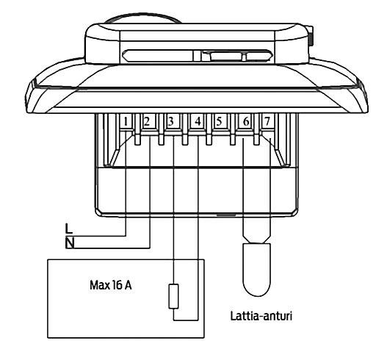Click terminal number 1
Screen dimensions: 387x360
[x=126, y=122]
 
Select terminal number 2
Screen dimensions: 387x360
[x=147, y=121]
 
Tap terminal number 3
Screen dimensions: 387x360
[x=170, y=121]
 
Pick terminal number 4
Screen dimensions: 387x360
[x=198, y=121]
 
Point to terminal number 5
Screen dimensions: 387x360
[x=219, y=121]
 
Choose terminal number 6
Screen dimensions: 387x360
[x=246, y=121]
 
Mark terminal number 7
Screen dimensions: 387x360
[x=267, y=121]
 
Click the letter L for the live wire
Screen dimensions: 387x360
[x=68, y=228]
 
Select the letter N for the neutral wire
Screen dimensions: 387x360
[x=70, y=243]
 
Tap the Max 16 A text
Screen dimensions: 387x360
[x=111, y=285]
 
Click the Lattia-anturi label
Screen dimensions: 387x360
[x=261, y=316]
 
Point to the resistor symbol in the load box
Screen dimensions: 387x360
[x=173, y=296]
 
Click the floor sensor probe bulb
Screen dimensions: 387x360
[x=257, y=270]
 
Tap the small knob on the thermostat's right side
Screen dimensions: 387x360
[x=311, y=36]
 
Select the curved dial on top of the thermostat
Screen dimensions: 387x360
[x=142, y=18]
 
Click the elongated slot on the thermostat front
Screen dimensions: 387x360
[x=197, y=56]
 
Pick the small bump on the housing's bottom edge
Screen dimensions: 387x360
[x=226, y=215]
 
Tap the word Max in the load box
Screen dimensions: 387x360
[x=100, y=285]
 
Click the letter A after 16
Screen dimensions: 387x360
[x=128, y=285]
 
